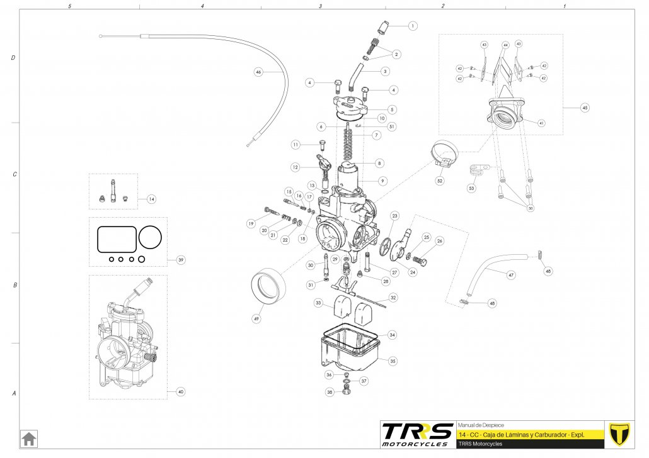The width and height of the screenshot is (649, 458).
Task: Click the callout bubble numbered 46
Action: tap(258, 72)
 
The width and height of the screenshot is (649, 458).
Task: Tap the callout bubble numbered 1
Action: tap(413, 26)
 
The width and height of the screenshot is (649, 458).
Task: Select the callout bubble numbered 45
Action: tap(585, 108)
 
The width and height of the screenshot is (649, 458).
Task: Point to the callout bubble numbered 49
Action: tap(256, 319)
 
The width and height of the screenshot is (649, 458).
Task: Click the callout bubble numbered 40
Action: tap(181, 392)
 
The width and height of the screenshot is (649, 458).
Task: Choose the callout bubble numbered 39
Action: tap(181, 260)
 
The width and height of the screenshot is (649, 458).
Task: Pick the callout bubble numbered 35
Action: tap(393, 361)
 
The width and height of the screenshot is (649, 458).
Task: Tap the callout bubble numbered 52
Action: tap(440, 181)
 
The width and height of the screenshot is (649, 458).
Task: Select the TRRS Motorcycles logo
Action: tap(417, 434)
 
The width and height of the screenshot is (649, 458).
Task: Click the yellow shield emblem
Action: tap(621, 434)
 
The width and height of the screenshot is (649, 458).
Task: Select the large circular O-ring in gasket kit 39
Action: tap(150, 237)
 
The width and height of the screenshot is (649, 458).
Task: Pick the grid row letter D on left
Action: tap(13, 58)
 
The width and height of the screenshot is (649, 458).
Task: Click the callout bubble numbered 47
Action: tap(511, 275)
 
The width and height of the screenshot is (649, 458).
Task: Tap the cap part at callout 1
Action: tap(382, 28)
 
